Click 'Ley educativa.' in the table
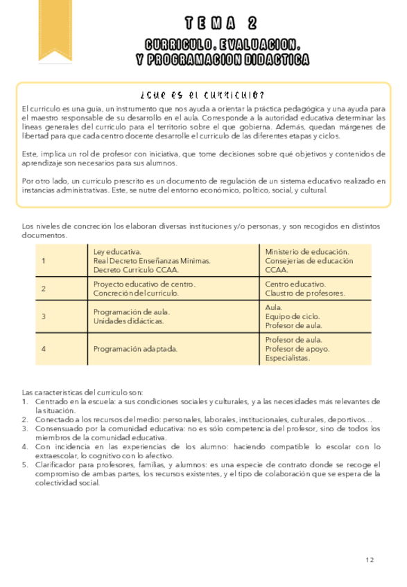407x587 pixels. (x=117, y=252)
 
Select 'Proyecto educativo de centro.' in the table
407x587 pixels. (x=144, y=285)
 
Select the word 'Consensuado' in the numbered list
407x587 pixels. (x=56, y=428)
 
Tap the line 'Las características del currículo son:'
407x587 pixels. (x=83, y=392)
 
